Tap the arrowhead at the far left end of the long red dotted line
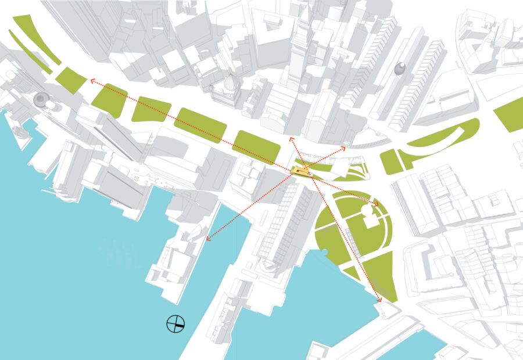[90, 81]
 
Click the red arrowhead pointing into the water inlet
[207, 237]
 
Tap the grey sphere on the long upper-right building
[400, 69]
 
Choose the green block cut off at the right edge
[511, 114]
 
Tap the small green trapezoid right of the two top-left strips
[71, 80]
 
